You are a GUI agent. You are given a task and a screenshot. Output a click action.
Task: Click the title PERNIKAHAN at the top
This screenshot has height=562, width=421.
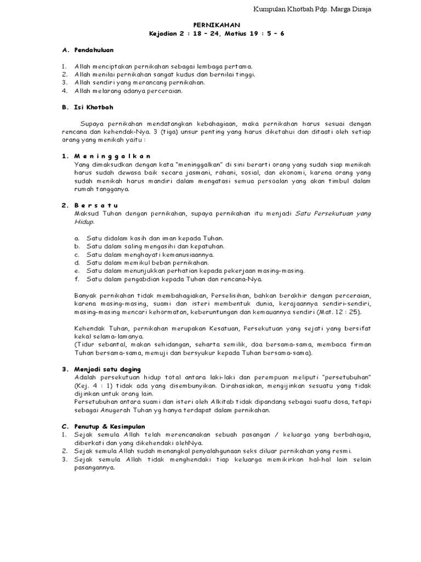coord(216,25)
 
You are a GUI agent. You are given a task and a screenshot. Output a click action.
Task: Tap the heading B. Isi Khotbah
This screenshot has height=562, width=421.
coord(87,107)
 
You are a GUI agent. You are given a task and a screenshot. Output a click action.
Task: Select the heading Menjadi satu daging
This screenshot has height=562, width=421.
coord(107,369)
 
